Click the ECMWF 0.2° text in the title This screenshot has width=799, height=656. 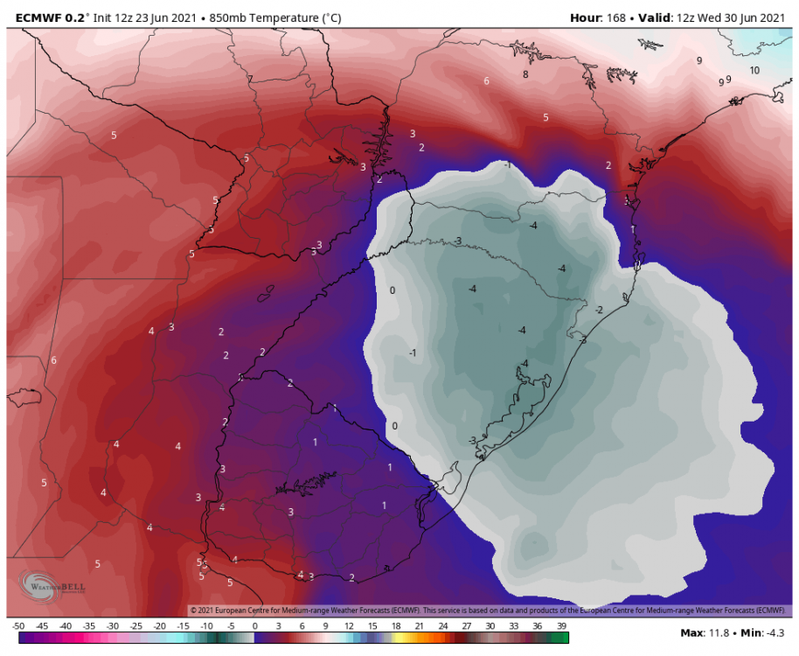click(43, 17)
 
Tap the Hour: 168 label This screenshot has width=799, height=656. click(599, 17)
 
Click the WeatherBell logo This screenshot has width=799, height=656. click(44, 586)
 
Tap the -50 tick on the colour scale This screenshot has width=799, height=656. click(18, 626)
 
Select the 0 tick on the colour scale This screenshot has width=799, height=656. click(254, 626)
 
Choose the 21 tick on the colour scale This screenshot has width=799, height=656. click(419, 626)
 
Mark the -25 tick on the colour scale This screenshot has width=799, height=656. click(135, 626)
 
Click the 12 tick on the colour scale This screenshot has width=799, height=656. click(348, 626)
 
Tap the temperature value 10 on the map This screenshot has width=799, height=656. click(754, 70)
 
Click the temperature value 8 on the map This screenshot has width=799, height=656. click(525, 74)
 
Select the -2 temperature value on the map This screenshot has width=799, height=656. click(599, 310)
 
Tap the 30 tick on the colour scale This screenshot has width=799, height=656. click(490, 626)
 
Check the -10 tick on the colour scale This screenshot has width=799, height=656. click(206, 626)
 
